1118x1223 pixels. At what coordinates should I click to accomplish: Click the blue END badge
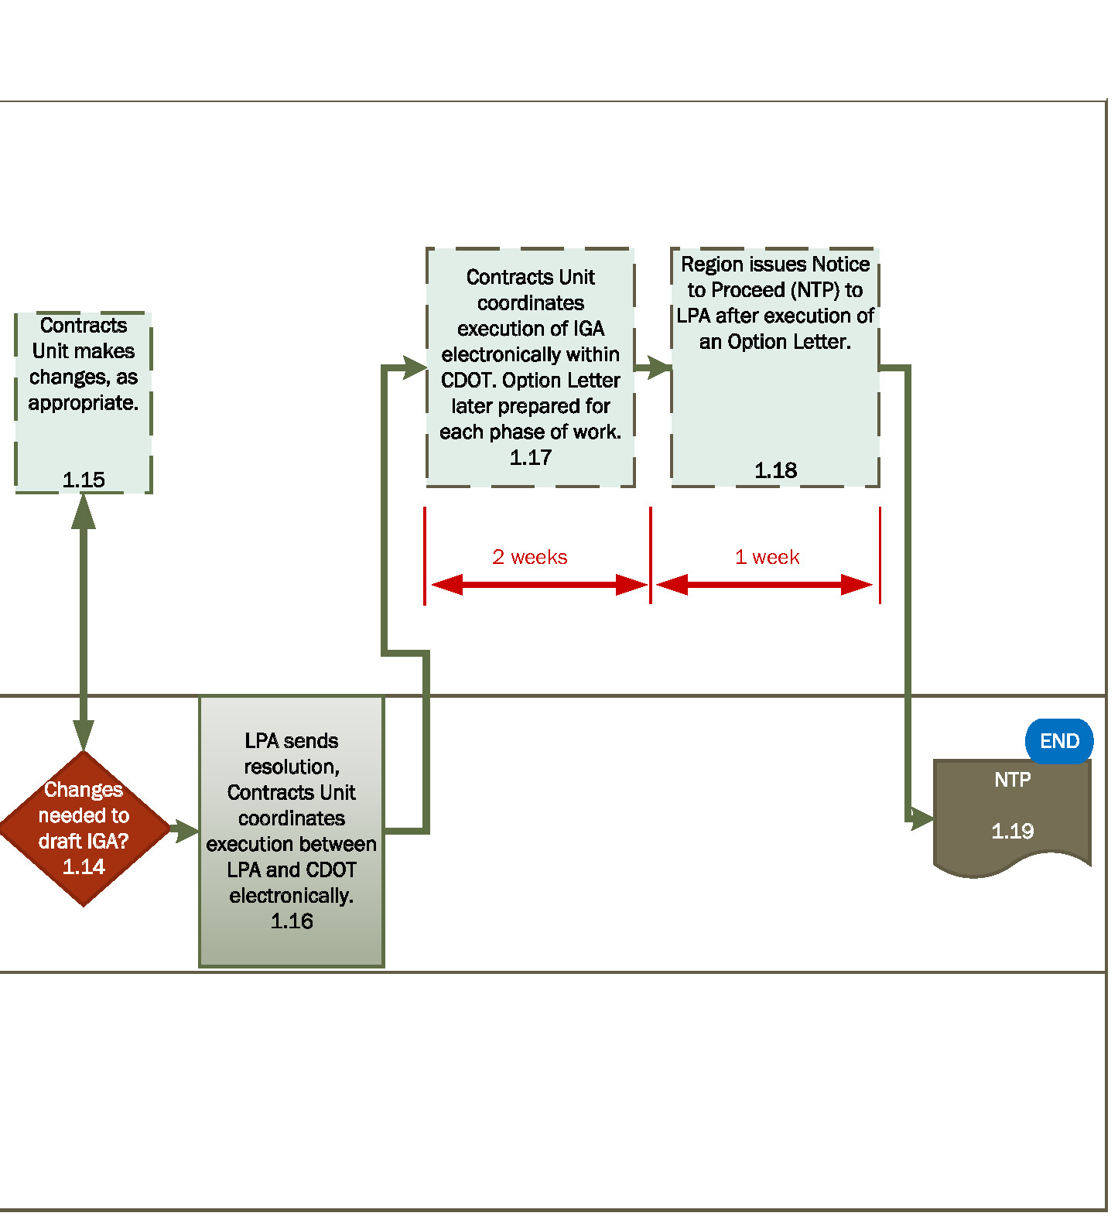(x=1058, y=741)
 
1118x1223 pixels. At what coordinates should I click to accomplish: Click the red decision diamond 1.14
(x=84, y=828)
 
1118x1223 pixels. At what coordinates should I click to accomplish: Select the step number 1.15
(x=84, y=480)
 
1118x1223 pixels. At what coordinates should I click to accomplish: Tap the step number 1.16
(x=292, y=921)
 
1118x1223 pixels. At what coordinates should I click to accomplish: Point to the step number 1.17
(x=531, y=458)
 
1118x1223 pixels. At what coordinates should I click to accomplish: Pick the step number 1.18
(x=775, y=470)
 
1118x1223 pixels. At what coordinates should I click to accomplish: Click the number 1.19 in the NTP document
(x=1012, y=832)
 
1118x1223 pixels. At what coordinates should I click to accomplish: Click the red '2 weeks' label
(x=530, y=557)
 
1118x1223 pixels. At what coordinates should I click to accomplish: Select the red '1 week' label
(x=767, y=557)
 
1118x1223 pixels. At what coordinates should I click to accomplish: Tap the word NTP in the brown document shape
(x=1012, y=780)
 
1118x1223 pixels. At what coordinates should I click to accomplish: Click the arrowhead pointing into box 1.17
(x=415, y=368)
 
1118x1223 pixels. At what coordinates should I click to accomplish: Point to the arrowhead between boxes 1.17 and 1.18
(x=659, y=367)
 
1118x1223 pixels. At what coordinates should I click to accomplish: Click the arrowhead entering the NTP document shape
(x=923, y=818)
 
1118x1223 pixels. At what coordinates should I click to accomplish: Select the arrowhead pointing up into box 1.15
(x=84, y=511)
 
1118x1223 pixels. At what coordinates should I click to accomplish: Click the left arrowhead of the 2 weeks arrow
(x=447, y=585)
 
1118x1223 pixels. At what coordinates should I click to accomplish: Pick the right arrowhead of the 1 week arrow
(x=856, y=585)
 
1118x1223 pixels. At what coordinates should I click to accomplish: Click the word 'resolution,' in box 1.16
(x=292, y=767)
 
